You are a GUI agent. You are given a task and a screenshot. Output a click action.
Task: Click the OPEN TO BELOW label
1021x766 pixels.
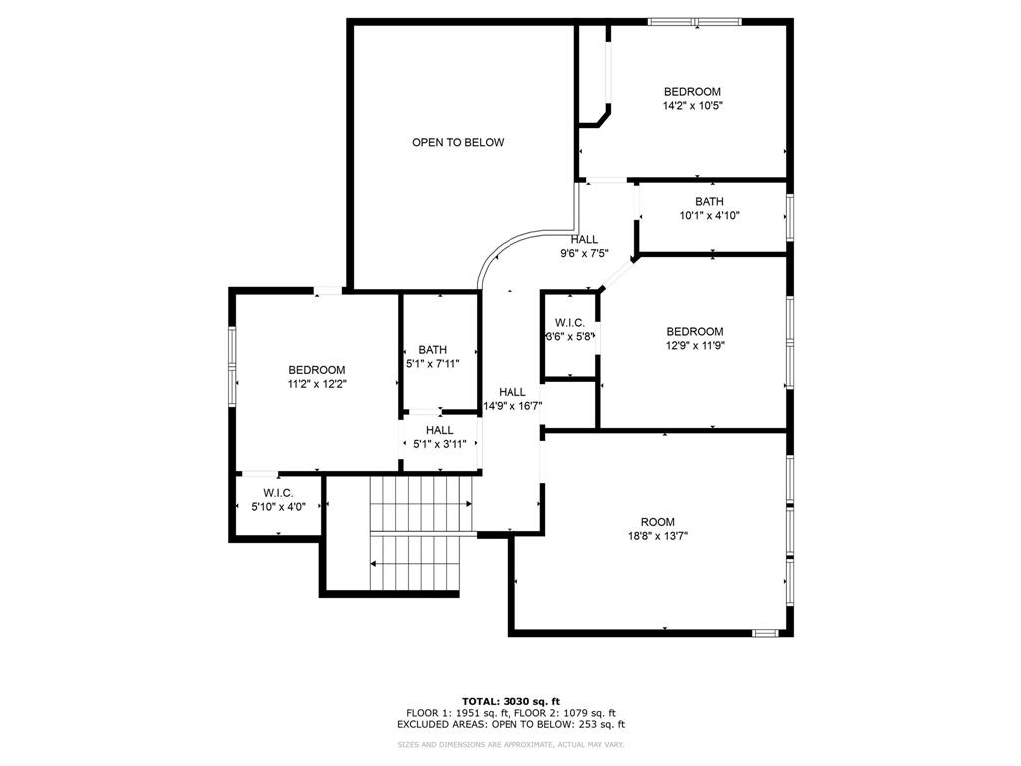pyautogui.click(x=458, y=142)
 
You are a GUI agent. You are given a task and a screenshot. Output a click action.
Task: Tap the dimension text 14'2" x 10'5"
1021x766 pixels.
pyautogui.click(x=693, y=106)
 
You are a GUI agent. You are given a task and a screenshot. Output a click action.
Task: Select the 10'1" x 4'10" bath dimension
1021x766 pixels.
pyautogui.click(x=709, y=216)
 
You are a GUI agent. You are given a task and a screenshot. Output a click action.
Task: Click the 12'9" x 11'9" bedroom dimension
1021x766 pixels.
pyautogui.click(x=695, y=346)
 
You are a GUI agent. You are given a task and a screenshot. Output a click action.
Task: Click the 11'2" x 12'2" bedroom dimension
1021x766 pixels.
pyautogui.click(x=317, y=384)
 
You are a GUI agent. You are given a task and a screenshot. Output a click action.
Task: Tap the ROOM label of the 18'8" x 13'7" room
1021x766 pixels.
pyautogui.click(x=658, y=522)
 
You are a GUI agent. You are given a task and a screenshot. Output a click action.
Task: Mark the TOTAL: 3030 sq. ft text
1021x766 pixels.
pyautogui.click(x=511, y=701)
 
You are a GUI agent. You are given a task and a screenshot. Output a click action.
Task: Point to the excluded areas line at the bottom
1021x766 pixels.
pyautogui.click(x=511, y=724)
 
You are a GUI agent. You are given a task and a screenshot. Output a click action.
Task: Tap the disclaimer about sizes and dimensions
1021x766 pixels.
pyautogui.click(x=511, y=744)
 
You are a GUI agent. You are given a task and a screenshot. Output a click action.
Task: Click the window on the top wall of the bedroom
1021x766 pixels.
pyautogui.click(x=695, y=22)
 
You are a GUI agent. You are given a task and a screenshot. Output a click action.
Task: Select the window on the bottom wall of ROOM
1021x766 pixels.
pyautogui.click(x=765, y=632)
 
